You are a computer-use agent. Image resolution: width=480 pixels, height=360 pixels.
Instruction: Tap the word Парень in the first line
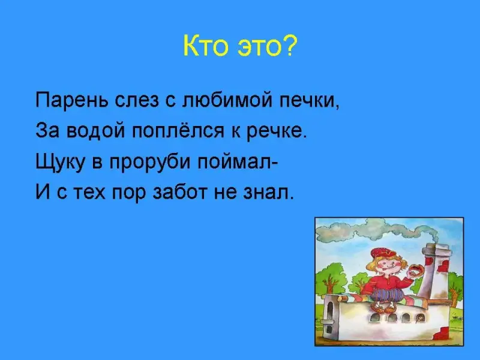tap(71, 100)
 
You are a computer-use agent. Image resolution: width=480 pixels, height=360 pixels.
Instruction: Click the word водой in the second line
tap(95, 131)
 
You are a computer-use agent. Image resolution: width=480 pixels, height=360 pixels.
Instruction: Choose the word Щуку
tap(59, 162)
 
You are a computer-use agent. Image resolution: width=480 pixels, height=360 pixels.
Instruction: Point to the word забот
tap(179, 193)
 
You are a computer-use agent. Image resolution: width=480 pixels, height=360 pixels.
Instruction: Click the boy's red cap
tap(383, 253)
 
